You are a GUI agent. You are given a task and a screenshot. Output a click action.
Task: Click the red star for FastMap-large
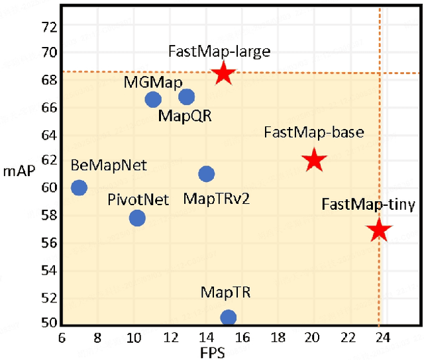[x=224, y=73]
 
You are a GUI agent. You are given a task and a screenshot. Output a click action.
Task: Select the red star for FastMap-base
[x=314, y=160]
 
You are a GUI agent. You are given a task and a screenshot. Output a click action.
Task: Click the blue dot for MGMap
[x=153, y=99]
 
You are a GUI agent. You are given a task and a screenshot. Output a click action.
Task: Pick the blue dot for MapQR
[x=187, y=97]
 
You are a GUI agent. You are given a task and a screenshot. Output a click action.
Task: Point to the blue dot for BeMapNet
[x=79, y=187]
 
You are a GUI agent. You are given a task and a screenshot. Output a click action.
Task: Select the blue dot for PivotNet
[x=137, y=218]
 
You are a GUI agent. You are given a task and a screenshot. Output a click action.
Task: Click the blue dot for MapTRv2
[x=207, y=174]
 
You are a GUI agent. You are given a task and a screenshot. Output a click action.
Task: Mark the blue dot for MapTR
[x=228, y=318]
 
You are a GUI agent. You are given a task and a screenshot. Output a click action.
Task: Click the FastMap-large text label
[x=210, y=51]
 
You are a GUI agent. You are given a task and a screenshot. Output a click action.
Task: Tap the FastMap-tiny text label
[x=368, y=204]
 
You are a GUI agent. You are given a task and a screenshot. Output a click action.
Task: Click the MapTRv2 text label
[x=216, y=199]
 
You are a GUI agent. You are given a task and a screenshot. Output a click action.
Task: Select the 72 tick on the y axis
[x=50, y=27]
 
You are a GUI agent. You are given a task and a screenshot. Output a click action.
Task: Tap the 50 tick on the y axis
[x=50, y=323]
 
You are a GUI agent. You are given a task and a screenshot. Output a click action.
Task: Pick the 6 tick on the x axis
[x=62, y=336]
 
